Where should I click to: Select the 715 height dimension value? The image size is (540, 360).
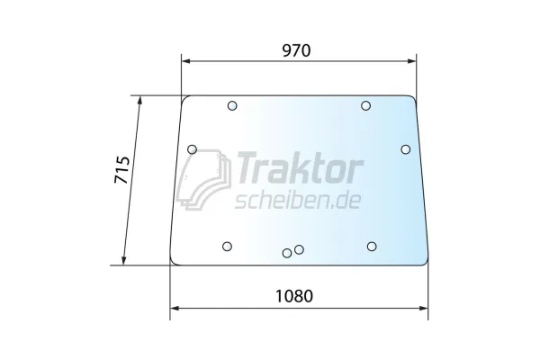tap(124, 171)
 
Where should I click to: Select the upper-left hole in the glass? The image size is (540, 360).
tap(232, 106)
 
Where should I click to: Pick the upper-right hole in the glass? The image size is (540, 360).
tap(366, 106)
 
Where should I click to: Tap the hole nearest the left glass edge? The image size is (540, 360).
tap(192, 149)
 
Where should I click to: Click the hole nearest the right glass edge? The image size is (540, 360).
tap(406, 149)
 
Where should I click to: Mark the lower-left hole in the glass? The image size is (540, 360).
tap(227, 246)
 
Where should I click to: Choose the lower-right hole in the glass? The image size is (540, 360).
tap(371, 246)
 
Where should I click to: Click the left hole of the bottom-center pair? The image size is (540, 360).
tap(287, 253)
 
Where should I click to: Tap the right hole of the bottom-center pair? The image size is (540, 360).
tap(299, 249)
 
